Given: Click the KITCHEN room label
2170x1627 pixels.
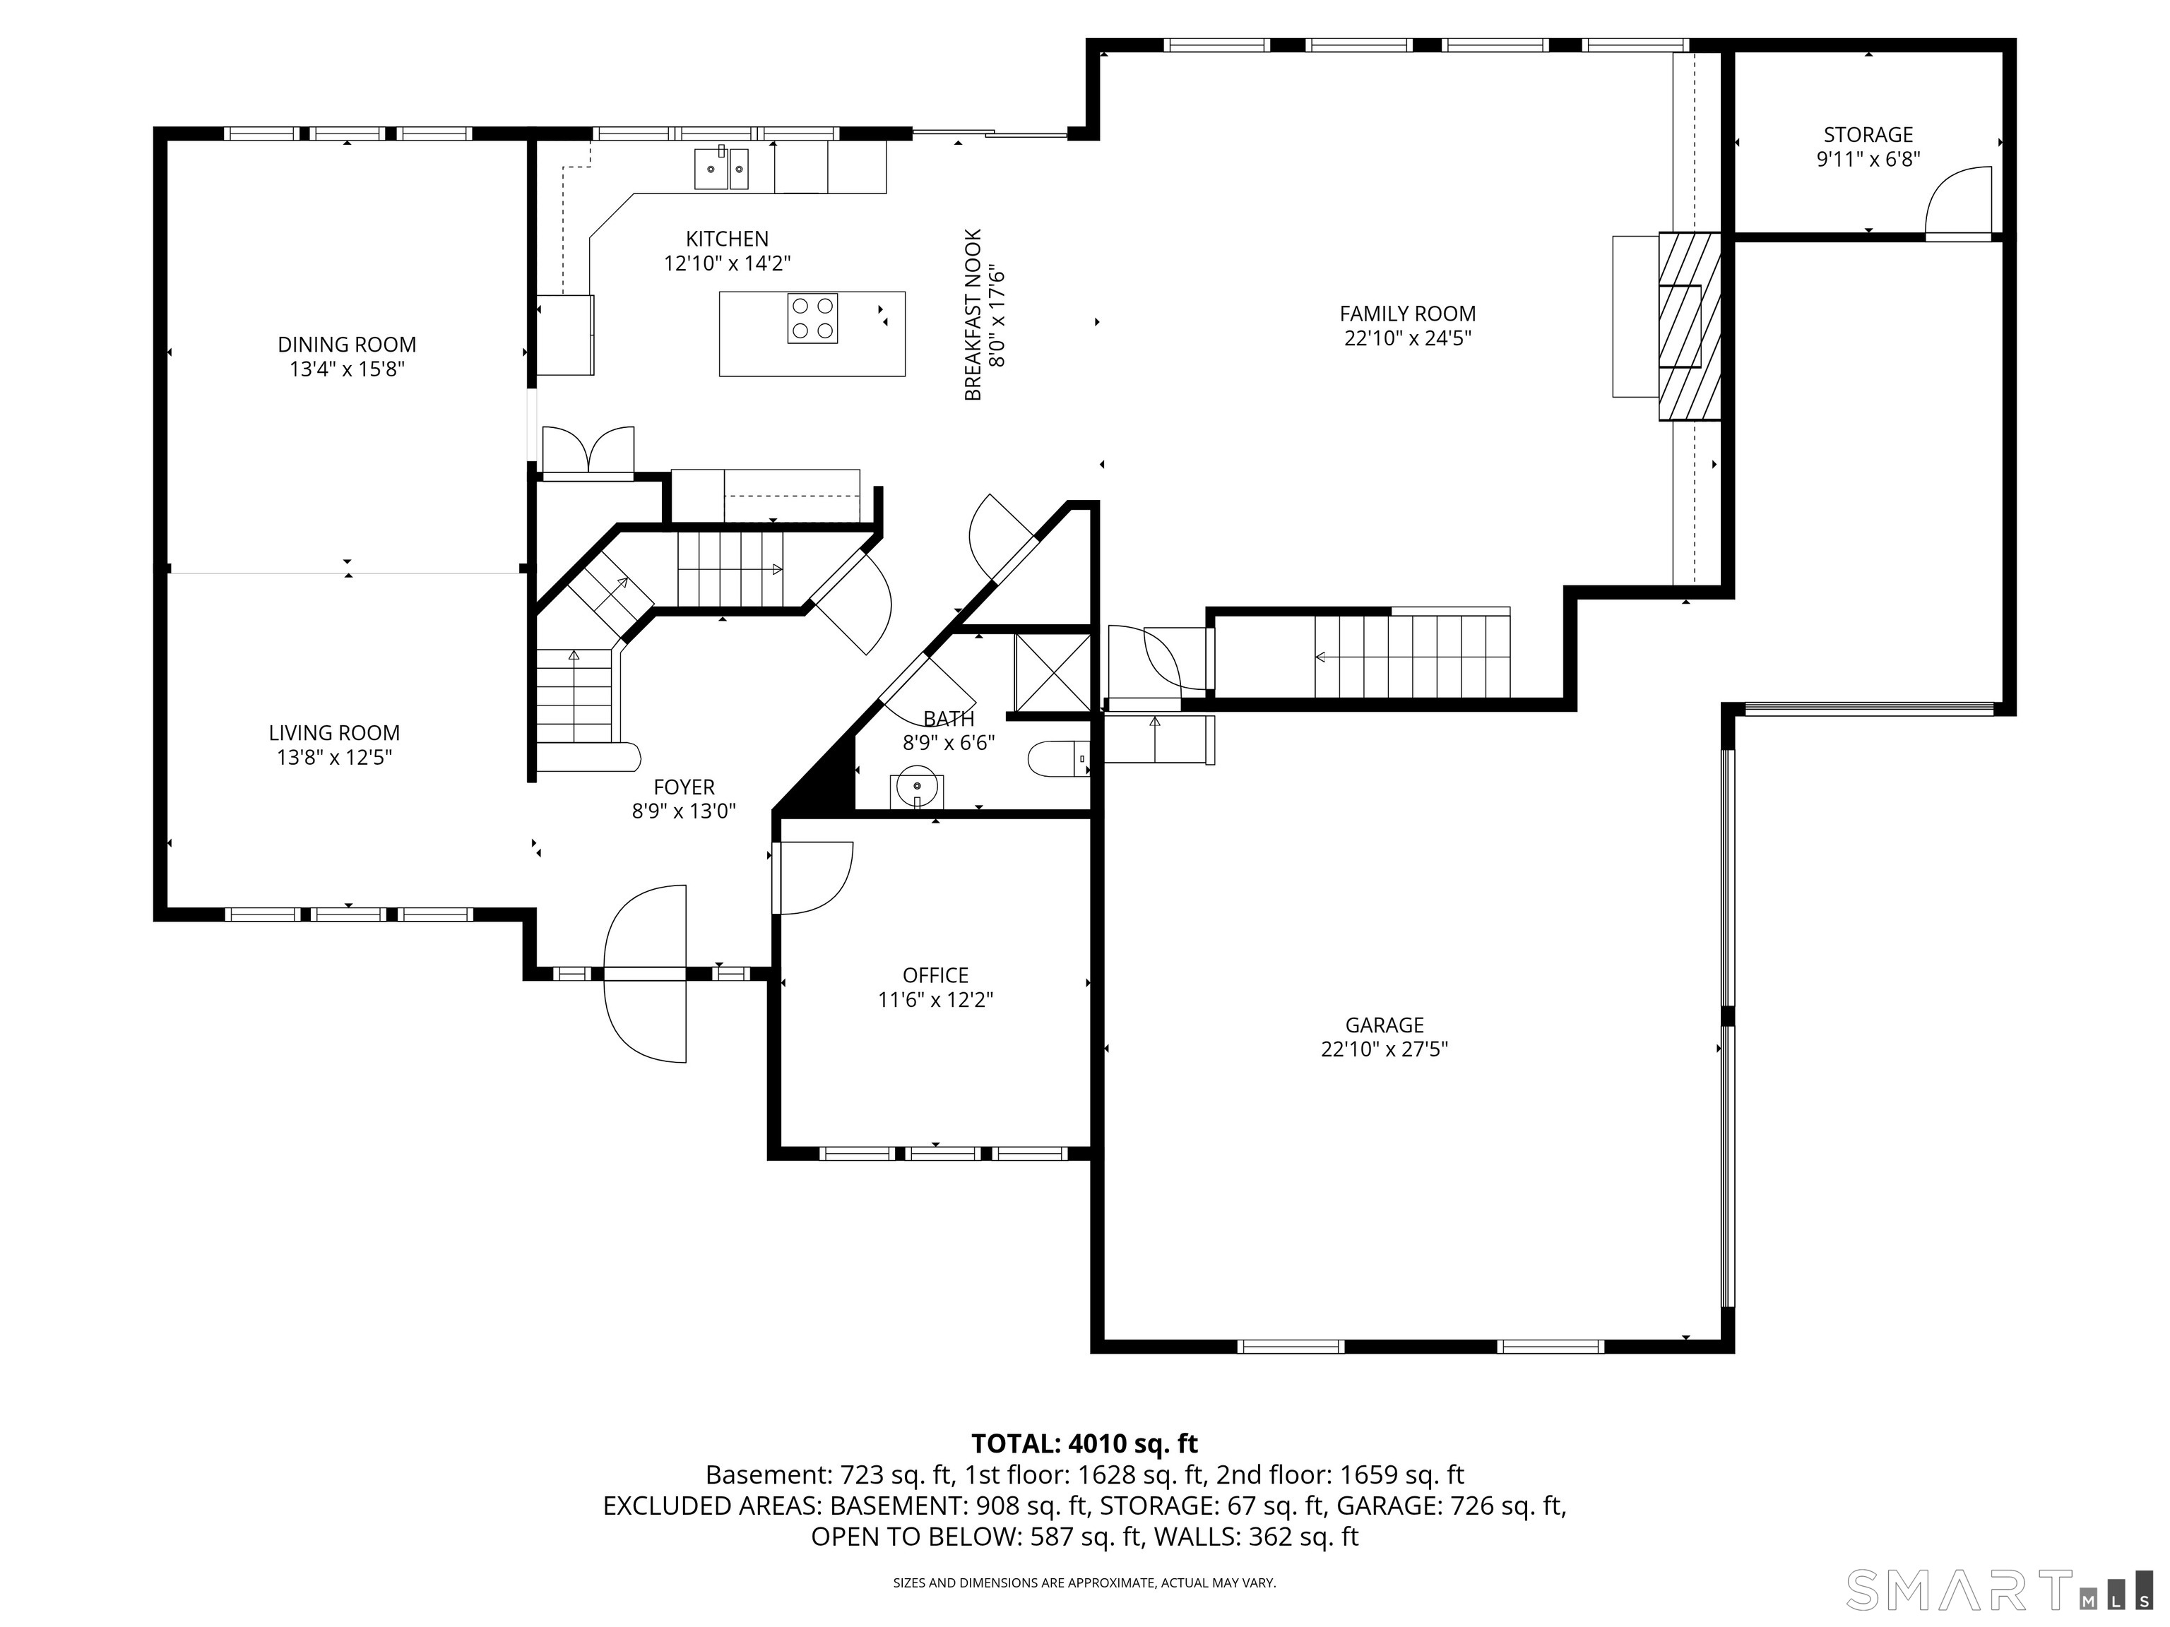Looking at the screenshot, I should tap(727, 238).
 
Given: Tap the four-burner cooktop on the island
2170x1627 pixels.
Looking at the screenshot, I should tap(812, 318).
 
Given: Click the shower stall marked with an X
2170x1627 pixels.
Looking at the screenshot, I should tap(1053, 673).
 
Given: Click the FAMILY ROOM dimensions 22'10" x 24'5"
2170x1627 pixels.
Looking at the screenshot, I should tap(1408, 338).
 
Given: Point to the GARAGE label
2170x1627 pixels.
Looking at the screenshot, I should tap(1385, 1025).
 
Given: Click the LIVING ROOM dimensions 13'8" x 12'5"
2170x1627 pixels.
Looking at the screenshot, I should tap(335, 757).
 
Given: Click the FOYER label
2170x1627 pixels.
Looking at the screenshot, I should tap(684, 787).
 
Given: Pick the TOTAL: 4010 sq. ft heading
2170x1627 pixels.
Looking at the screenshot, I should tap(1084, 1443).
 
